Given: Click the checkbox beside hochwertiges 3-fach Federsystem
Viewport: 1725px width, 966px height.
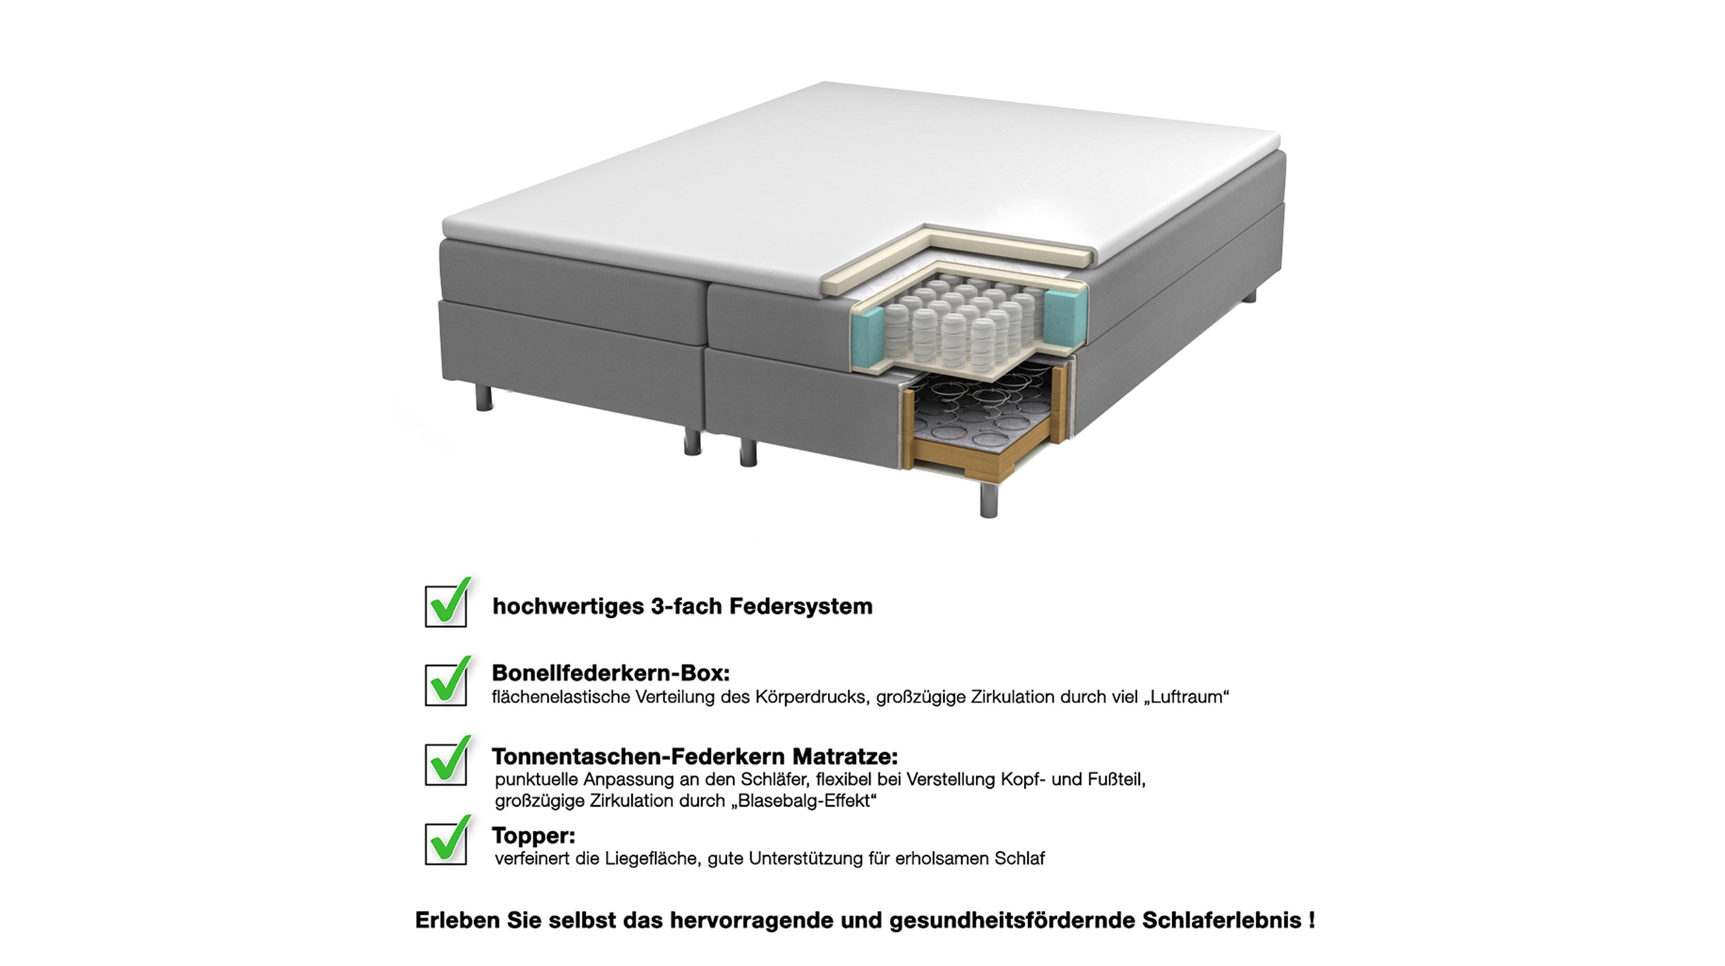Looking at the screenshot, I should (446, 606).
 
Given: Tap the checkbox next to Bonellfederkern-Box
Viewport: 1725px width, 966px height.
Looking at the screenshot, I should (446, 684).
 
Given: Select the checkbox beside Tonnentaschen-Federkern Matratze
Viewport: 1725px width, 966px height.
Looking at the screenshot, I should (446, 764).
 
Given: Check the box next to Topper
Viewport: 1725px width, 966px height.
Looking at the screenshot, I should (446, 843).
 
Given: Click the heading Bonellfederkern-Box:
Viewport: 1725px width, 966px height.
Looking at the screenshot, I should (610, 673).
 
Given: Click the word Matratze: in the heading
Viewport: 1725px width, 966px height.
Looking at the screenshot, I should (845, 757).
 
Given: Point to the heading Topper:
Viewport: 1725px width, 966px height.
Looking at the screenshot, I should (533, 836).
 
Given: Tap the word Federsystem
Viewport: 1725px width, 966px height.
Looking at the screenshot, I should (800, 607).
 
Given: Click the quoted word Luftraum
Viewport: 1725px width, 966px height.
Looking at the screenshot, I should (1186, 698).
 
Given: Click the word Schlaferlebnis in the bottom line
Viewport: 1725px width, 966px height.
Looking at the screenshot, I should (1221, 920).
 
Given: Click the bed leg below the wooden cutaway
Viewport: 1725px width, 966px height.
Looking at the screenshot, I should (988, 500).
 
